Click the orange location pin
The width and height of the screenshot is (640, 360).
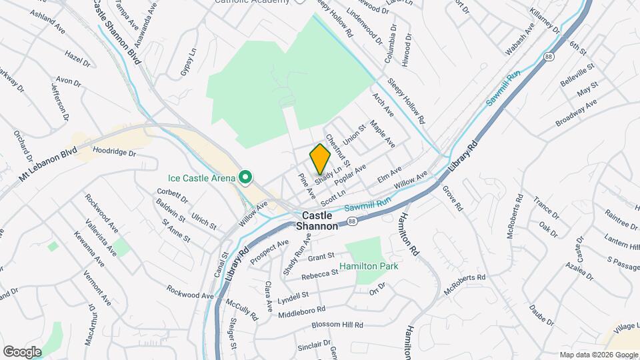click(x=320, y=159)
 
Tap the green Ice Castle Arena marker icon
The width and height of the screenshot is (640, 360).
click(x=245, y=177)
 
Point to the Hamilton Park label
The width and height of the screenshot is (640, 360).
click(x=369, y=266)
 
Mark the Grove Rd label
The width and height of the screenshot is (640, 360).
click(x=453, y=199)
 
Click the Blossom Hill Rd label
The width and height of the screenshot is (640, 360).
click(x=339, y=325)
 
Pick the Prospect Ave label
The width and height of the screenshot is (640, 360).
click(x=269, y=252)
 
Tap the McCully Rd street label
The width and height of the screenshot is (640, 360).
click(x=241, y=310)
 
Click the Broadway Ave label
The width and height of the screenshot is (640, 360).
click(x=576, y=114)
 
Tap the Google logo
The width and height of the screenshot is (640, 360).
click(x=22, y=351)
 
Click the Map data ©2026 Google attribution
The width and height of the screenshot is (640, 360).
click(x=598, y=355)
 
